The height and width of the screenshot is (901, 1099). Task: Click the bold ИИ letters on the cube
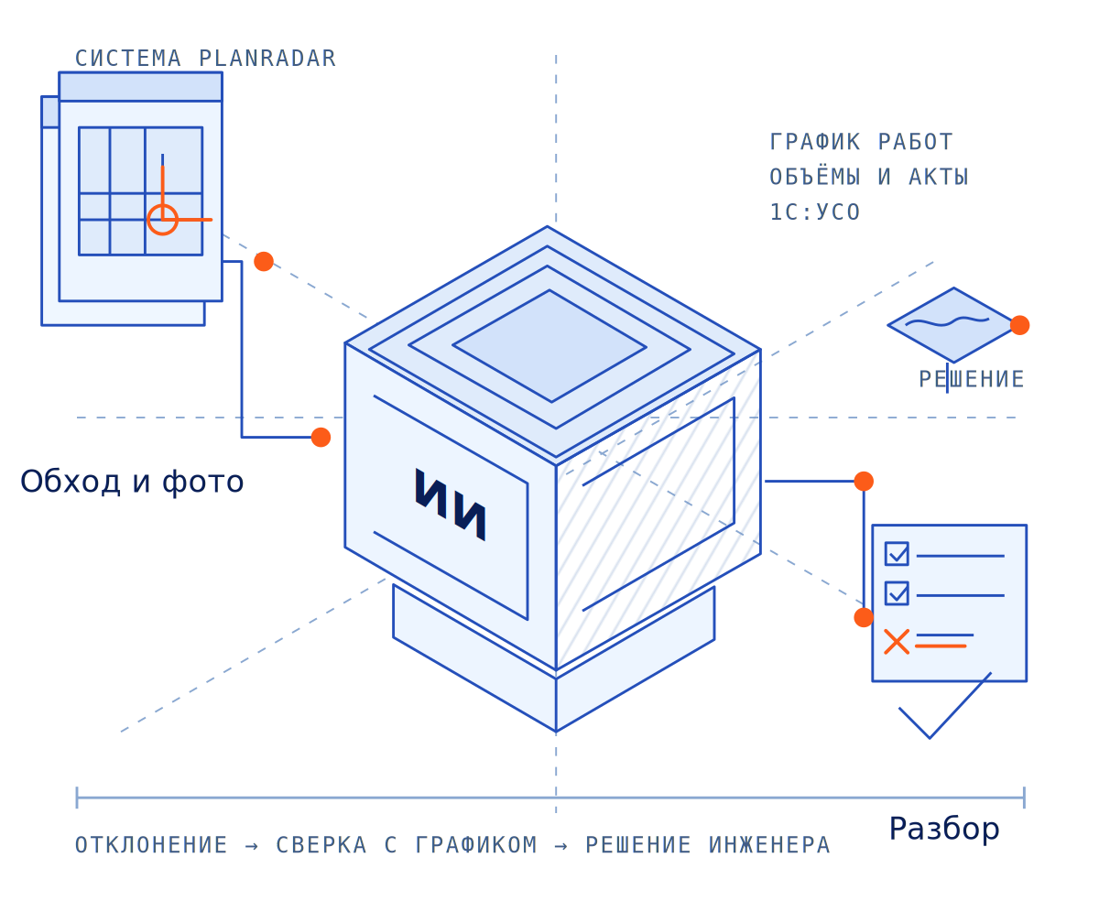point(450,504)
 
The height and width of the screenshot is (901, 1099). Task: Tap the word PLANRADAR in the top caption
point(267,59)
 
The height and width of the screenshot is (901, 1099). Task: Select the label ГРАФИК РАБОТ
point(861,142)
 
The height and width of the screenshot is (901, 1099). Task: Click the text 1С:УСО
point(814,212)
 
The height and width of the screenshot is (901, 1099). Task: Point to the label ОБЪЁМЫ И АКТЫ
point(869,176)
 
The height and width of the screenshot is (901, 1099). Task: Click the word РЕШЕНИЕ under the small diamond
point(972,379)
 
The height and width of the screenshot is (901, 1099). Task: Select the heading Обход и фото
point(132,482)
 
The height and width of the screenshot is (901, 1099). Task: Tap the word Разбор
point(943,829)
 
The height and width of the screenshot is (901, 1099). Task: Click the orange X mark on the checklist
point(897,642)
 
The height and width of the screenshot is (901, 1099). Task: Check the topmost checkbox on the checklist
point(897,553)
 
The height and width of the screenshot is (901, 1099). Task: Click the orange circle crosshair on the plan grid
point(163,220)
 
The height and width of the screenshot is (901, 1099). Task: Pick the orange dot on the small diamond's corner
point(1019,325)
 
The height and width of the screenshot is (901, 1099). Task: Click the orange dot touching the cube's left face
point(321,437)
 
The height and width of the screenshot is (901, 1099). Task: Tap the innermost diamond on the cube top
point(549,345)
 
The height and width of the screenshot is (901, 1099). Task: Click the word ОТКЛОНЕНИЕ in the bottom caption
point(151,845)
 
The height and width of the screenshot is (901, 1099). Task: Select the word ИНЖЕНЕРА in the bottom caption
point(768,845)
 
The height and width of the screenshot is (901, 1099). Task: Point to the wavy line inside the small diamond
point(947,321)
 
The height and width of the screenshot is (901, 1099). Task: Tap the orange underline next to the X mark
point(941,646)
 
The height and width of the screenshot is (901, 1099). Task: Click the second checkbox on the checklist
point(897,593)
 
